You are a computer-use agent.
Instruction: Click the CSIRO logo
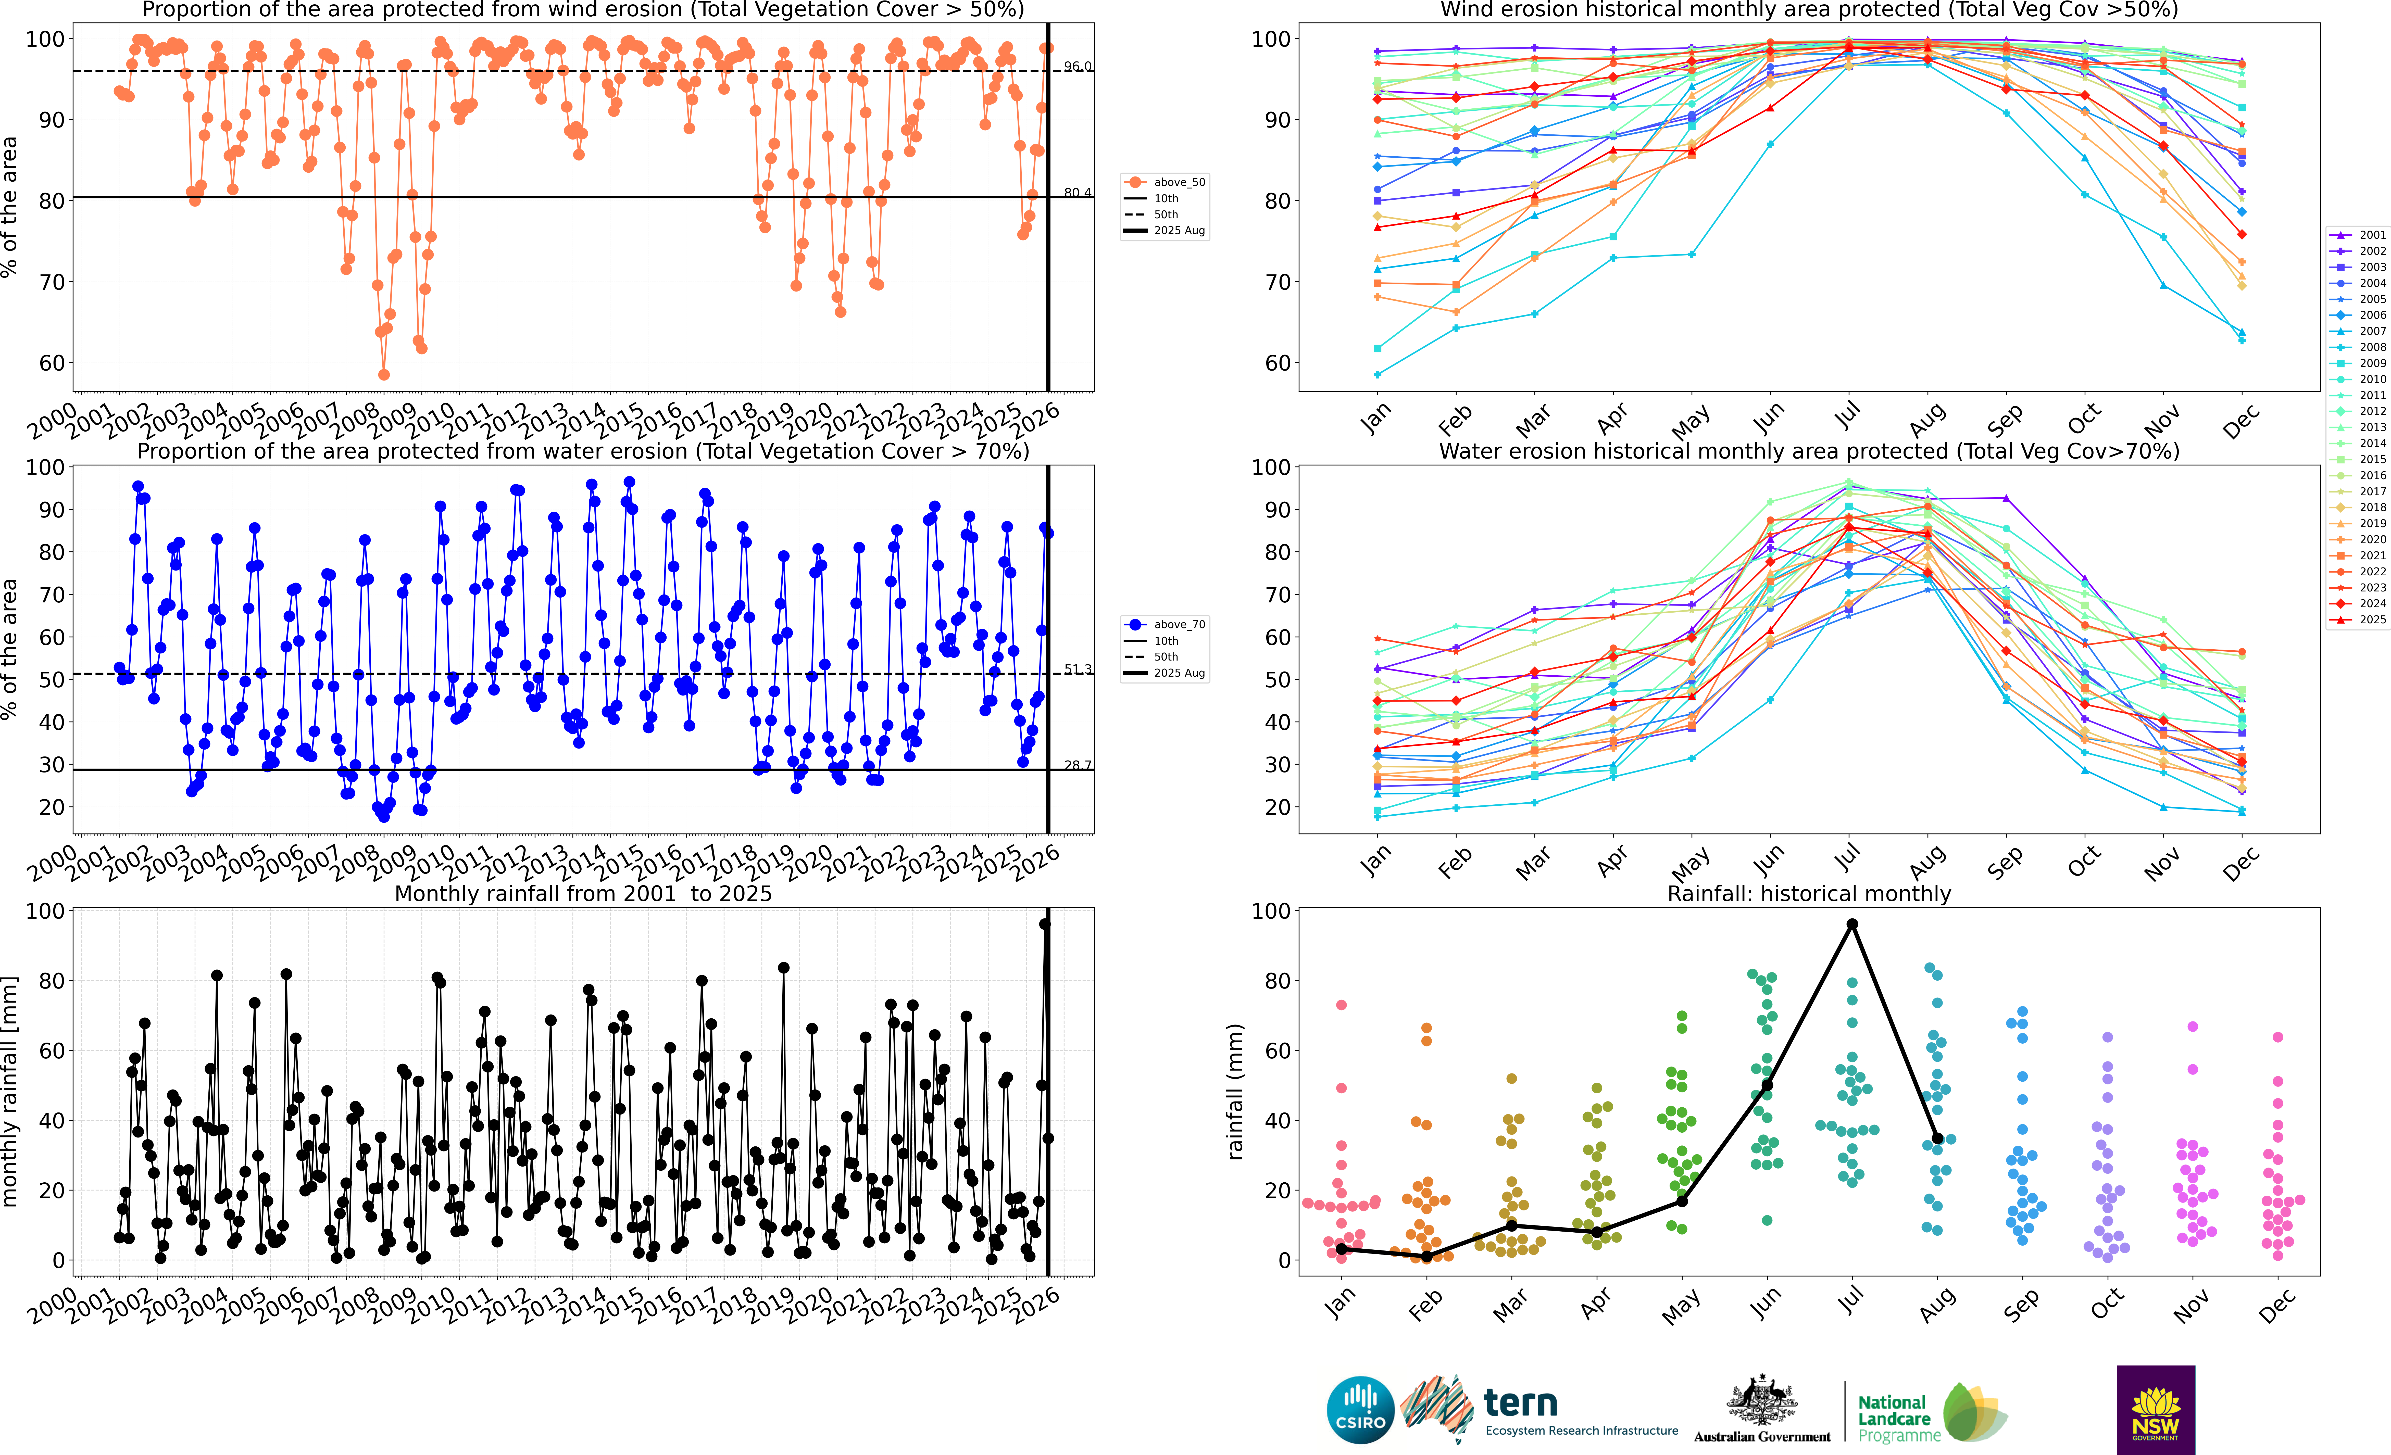[x=1360, y=1409]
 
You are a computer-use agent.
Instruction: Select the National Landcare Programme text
[x=1899, y=1418]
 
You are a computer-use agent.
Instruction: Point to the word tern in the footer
[x=1521, y=1403]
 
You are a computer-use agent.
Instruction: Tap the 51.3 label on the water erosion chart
[x=1077, y=669]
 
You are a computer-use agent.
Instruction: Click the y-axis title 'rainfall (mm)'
[x=1234, y=1091]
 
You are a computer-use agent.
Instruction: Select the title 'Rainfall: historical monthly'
[x=1809, y=893]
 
